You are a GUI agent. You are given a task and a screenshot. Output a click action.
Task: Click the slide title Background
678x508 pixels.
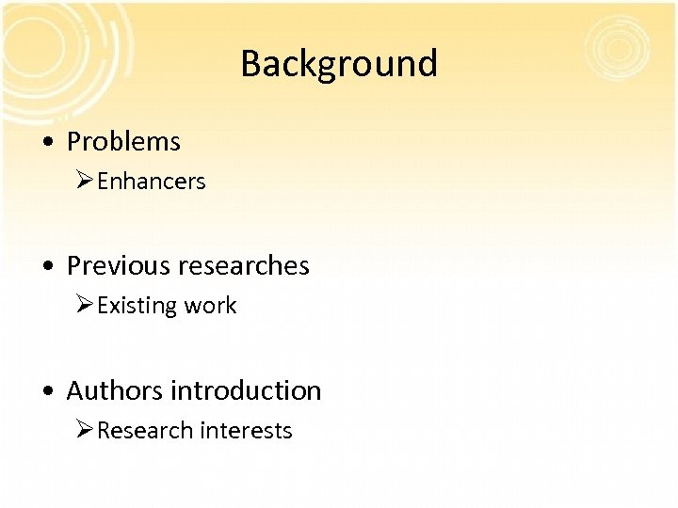tap(339, 64)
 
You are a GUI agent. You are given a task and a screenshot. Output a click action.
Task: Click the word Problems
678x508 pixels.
tap(123, 142)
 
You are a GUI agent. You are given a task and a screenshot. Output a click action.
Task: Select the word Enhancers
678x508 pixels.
tap(151, 182)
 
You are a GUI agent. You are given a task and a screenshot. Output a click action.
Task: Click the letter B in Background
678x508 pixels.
tap(250, 64)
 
